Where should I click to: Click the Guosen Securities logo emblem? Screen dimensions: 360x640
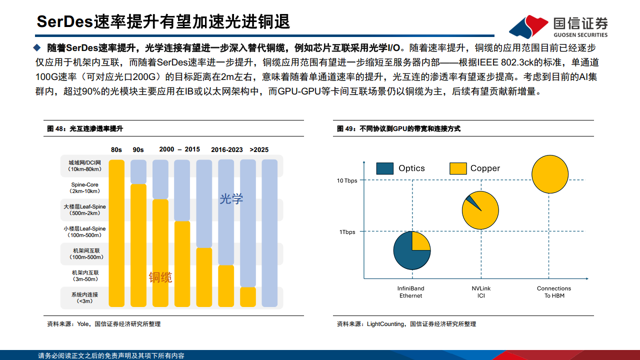tap(528, 26)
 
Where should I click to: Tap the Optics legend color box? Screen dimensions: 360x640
tap(385, 168)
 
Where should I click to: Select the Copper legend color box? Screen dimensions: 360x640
tap(458, 168)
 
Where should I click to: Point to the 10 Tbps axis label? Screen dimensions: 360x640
tap(347, 180)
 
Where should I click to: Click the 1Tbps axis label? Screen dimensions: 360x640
tap(347, 232)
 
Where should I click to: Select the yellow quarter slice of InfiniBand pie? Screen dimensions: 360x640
tap(420, 241)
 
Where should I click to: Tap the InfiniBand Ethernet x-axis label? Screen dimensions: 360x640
tap(411, 292)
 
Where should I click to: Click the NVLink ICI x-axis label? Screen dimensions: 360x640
tap(481, 292)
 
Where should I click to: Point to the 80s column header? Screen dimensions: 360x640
tap(116, 149)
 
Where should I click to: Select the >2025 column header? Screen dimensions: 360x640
tap(259, 149)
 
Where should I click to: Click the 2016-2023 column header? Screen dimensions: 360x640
tap(226, 149)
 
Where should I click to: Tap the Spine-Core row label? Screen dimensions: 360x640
tap(85, 188)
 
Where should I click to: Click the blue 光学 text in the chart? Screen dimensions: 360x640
tap(231, 199)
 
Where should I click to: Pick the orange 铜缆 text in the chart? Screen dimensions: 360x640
tap(160, 277)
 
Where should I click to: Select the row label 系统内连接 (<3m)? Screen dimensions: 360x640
tap(85, 297)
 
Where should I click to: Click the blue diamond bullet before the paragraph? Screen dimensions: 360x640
tap(36, 47)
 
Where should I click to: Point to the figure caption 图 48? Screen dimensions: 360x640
tap(85, 128)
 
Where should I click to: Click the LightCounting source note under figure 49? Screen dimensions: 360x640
tap(406, 324)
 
